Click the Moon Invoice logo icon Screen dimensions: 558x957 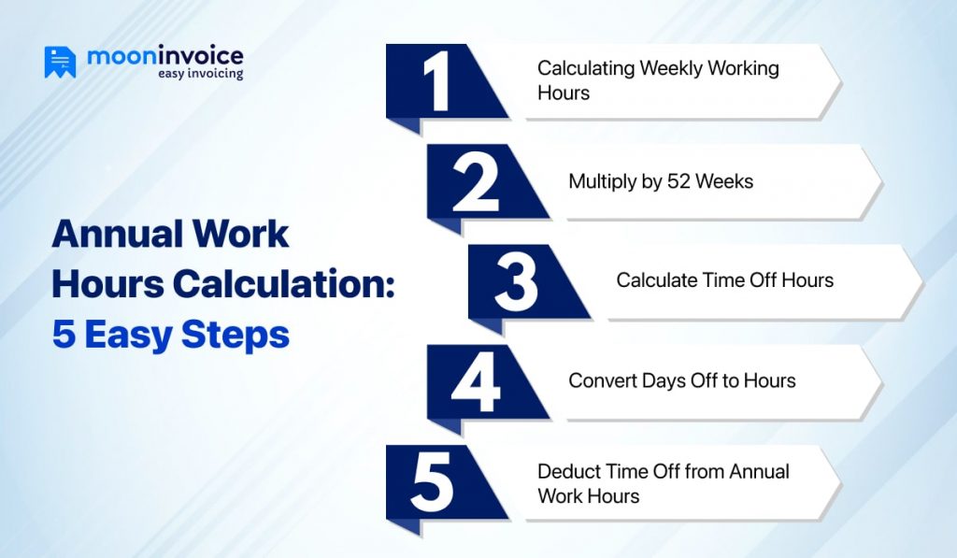[60, 63]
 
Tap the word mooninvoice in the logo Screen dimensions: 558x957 [164, 56]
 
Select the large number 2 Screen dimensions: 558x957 [476, 181]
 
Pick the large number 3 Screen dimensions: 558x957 [517, 281]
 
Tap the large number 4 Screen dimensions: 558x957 [477, 381]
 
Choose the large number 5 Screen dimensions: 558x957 [432, 482]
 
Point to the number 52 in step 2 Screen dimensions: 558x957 [680, 180]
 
